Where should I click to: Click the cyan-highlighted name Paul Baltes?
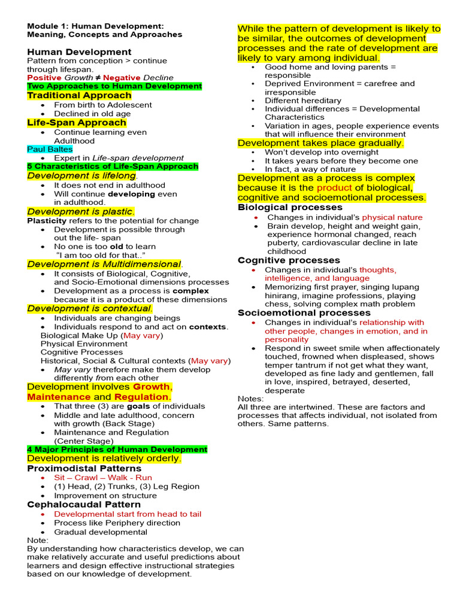[x=50, y=149]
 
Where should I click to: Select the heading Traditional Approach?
[x=71, y=95]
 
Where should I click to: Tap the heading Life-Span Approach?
[x=77, y=123]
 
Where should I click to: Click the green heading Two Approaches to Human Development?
[x=114, y=86]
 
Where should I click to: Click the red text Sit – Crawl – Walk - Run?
[x=103, y=478]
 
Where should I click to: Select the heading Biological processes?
[x=290, y=207]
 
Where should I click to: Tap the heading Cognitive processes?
[x=289, y=260]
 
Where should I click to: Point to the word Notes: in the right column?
[x=250, y=399]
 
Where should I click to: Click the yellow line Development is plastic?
[x=80, y=212]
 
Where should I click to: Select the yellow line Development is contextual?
[x=90, y=309]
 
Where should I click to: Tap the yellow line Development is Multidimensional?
[x=104, y=264]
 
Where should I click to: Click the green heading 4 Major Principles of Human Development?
[x=117, y=449]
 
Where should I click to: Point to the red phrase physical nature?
[x=392, y=217]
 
